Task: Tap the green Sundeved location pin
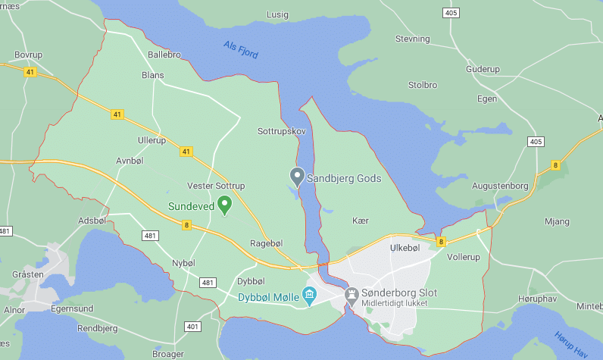click(x=224, y=205)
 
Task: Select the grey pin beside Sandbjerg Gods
click(x=298, y=177)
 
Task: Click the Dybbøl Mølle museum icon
click(x=309, y=293)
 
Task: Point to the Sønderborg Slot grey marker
click(x=351, y=293)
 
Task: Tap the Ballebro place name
click(x=164, y=55)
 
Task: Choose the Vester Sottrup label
click(x=216, y=186)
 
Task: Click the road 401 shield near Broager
click(x=192, y=327)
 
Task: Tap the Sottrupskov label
click(x=282, y=131)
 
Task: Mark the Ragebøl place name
click(x=266, y=243)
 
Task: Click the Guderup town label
click(x=485, y=68)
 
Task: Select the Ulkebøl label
click(x=404, y=247)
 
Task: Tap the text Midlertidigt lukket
click(x=395, y=304)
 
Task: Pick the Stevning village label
click(x=413, y=38)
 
